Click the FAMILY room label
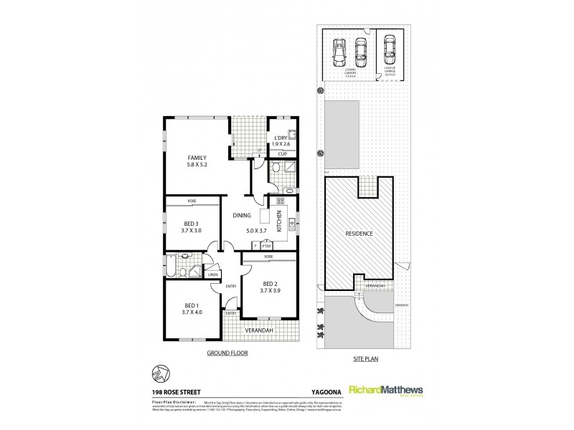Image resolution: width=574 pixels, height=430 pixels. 198,157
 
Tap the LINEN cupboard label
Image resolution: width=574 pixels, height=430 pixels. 212,275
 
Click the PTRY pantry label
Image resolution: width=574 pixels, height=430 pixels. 265,246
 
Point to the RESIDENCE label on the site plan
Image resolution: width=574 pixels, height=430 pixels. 358,233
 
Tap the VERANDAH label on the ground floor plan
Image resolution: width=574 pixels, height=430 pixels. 260,330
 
